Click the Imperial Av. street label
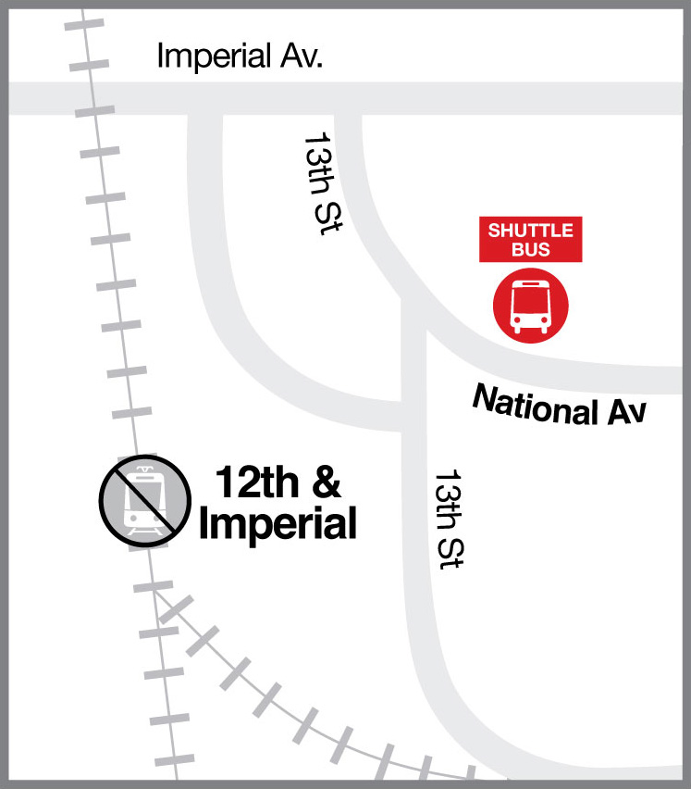point(240,55)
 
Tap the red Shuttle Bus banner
point(530,240)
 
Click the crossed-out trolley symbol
point(139,498)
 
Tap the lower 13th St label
point(449,519)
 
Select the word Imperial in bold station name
point(278,524)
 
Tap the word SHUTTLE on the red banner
point(530,231)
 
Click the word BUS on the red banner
point(530,249)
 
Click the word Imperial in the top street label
point(215,55)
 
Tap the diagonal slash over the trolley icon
point(139,498)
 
